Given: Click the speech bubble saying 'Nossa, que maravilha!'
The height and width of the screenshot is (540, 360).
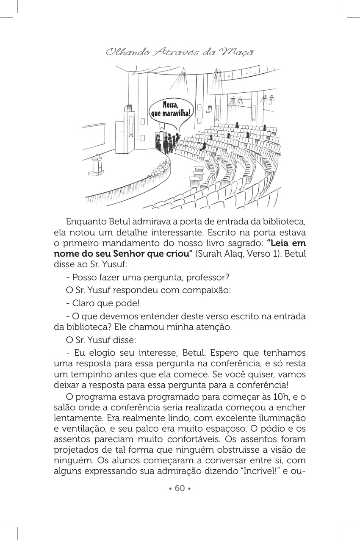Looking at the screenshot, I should tap(170, 109).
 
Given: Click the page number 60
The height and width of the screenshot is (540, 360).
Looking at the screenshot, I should tap(180, 488).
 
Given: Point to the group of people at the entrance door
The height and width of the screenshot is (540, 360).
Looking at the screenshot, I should tap(167, 142).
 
